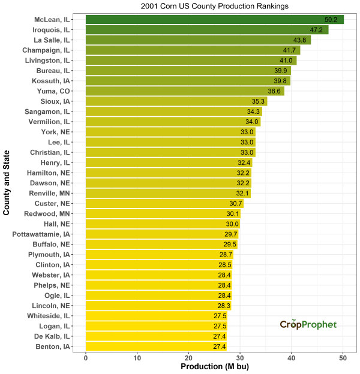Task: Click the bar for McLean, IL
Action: (x=214, y=20)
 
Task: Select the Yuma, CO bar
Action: (x=185, y=91)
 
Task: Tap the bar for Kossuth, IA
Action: (x=188, y=81)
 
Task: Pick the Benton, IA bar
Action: (x=156, y=346)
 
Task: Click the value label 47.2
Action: (x=317, y=30)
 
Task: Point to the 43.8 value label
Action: (x=299, y=40)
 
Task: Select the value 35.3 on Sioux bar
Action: (x=259, y=101)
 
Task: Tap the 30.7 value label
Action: (x=235, y=204)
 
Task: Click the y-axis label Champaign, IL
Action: (x=46, y=50)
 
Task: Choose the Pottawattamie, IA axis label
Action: (x=41, y=234)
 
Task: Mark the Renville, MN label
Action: (x=50, y=193)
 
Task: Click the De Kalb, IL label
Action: (x=51, y=336)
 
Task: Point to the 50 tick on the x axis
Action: (x=343, y=358)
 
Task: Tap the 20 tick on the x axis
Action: (x=188, y=358)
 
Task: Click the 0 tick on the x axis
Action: (x=86, y=358)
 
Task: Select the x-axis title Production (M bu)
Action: (x=214, y=367)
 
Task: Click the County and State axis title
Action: (x=7, y=183)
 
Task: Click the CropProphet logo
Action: (x=308, y=324)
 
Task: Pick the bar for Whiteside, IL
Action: (x=156, y=316)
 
